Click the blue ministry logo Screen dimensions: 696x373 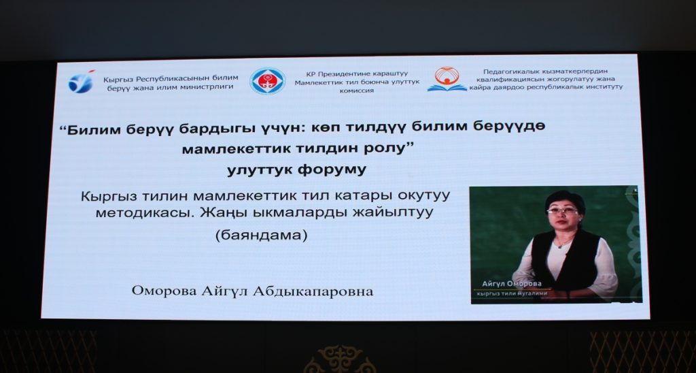point(82,82)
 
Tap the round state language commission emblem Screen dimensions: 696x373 point(267,81)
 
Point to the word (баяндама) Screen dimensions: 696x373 point(262,235)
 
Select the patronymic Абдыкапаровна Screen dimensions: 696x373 point(313,291)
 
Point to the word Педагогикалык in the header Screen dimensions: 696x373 point(508,71)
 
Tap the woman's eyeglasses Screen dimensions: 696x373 point(562,210)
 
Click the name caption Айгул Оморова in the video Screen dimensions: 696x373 point(512,284)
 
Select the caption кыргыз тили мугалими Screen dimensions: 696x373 point(511,293)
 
